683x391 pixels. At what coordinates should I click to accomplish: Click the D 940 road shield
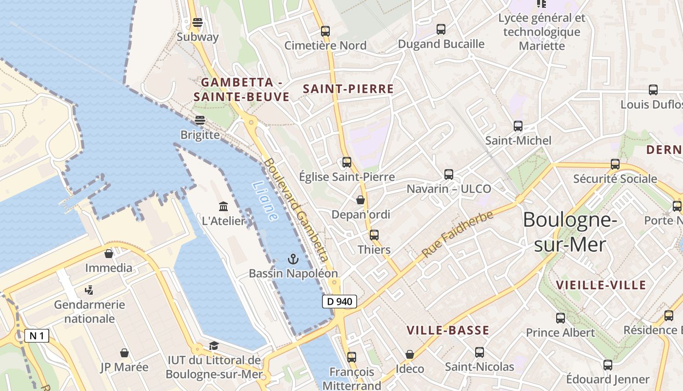[340, 302]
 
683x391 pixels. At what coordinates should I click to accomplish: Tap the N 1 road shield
[37, 336]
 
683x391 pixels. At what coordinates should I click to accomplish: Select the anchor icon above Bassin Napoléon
[293, 259]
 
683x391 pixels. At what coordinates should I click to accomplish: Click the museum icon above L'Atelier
[223, 206]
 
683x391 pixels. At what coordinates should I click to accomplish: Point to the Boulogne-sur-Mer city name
[570, 232]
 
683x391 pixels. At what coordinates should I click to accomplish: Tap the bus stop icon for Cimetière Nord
[325, 31]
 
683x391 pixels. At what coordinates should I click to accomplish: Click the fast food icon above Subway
[198, 22]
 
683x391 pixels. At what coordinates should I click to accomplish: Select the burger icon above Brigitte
[200, 120]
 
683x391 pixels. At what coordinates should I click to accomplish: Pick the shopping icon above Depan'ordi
[361, 200]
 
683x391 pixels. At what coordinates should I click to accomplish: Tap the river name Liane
[265, 200]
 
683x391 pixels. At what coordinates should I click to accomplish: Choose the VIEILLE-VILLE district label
[601, 285]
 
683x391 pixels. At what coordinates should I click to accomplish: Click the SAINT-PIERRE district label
[348, 89]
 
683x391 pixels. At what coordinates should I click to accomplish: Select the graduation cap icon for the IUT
[214, 346]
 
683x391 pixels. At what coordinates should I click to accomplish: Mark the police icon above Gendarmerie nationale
[89, 290]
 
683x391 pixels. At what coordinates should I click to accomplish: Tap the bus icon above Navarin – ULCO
[449, 174]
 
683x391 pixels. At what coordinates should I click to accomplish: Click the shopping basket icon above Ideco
[410, 354]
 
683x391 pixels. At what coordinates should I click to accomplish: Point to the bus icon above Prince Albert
[561, 318]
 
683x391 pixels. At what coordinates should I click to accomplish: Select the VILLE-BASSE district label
[448, 330]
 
